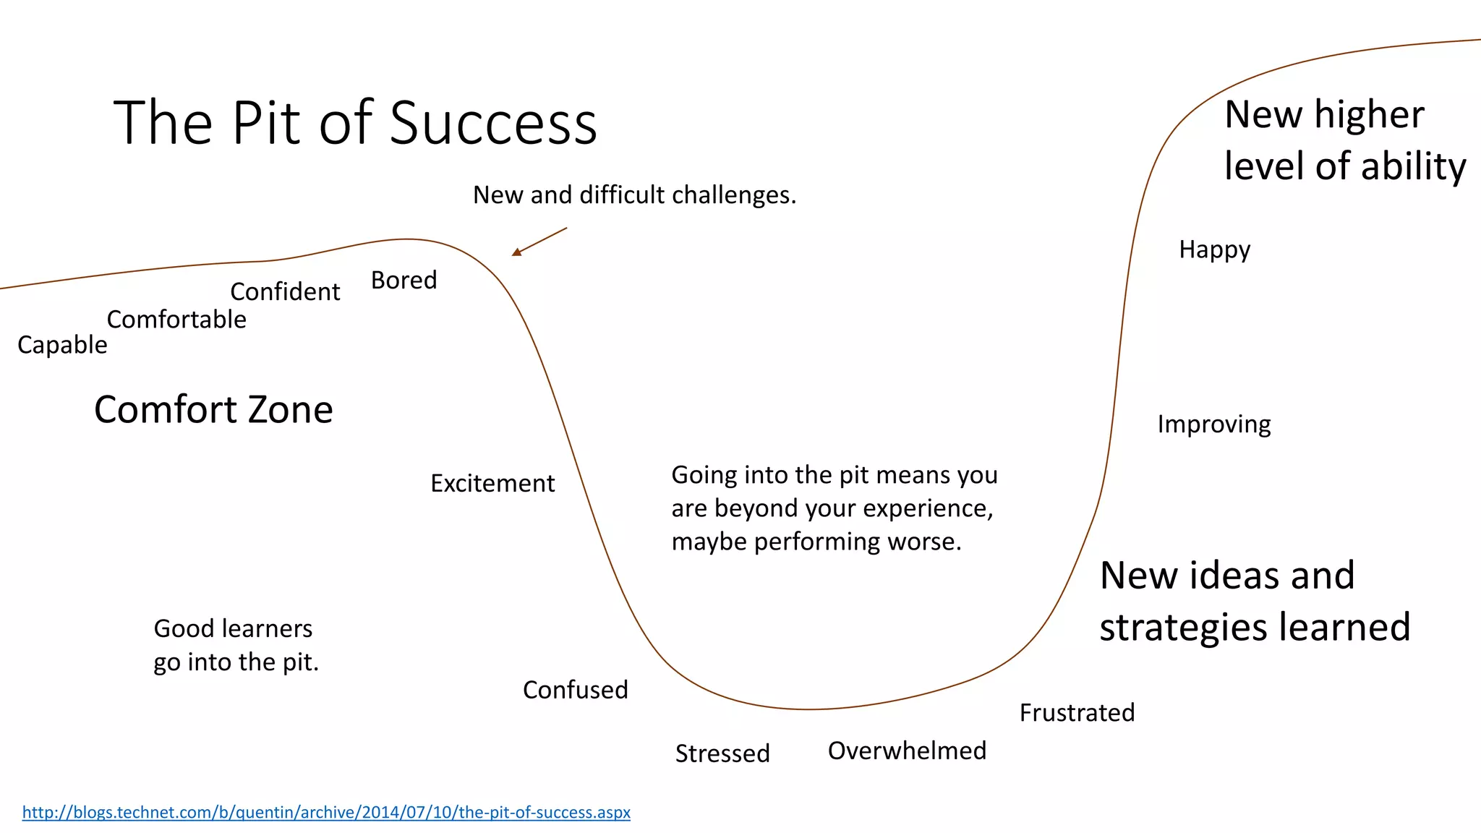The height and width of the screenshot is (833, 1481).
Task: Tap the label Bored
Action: pyautogui.click(x=404, y=281)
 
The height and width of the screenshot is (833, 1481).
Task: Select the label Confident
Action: pyautogui.click(x=285, y=292)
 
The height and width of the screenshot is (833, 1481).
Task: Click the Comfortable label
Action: pyautogui.click(x=176, y=320)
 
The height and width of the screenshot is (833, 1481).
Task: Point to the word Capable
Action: pyautogui.click(x=62, y=346)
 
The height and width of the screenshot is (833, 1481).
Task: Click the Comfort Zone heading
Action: pyautogui.click(x=213, y=410)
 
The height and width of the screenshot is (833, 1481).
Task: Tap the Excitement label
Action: pyautogui.click(x=492, y=484)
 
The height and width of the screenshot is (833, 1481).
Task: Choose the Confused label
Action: pyautogui.click(x=575, y=691)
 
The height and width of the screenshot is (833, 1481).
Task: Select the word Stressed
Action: pyautogui.click(x=722, y=754)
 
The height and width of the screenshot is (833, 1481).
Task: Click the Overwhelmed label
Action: pyautogui.click(x=907, y=751)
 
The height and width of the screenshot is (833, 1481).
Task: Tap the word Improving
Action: pyautogui.click(x=1213, y=424)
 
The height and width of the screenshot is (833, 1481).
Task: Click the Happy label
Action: pyautogui.click(x=1214, y=250)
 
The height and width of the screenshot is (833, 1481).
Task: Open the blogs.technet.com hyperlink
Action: pyautogui.click(x=326, y=813)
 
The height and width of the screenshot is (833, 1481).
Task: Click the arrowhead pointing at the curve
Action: pyautogui.click(x=516, y=252)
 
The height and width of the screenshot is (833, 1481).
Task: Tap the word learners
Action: pyautogui.click(x=267, y=629)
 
